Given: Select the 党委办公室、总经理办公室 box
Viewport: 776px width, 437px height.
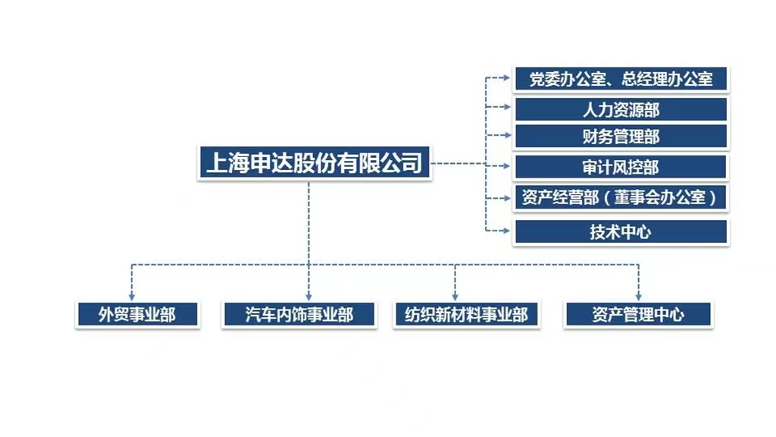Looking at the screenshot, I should (621, 78).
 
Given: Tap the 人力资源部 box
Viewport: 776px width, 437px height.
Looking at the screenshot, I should (621, 109).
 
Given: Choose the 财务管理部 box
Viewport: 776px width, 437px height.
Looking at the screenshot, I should (621, 137).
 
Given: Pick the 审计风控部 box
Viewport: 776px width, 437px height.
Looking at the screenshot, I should (621, 168).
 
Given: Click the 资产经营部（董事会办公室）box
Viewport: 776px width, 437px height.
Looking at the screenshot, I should (621, 198).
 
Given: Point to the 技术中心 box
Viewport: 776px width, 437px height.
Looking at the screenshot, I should (621, 232).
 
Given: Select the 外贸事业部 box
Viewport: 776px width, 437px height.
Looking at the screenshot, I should (137, 314).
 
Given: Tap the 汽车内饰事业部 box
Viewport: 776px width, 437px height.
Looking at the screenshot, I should (299, 314).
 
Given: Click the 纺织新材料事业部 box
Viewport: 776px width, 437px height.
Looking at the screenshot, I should (466, 314).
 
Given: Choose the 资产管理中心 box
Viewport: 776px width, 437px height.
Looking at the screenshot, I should (638, 314).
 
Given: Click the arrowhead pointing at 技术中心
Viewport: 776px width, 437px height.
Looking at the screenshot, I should (507, 230).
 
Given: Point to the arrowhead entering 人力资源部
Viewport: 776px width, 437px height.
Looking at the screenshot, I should (507, 107).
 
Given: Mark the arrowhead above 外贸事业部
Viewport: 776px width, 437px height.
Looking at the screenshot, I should (133, 296).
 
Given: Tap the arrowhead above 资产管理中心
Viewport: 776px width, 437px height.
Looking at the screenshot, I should (638, 296).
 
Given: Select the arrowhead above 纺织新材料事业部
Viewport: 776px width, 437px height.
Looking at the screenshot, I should (455, 296).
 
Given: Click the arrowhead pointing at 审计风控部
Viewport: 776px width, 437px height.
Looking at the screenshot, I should (507, 165).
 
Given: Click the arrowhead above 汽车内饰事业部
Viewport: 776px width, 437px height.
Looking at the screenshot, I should (309, 296).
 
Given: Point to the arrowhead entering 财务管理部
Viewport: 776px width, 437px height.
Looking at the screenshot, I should (507, 135).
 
